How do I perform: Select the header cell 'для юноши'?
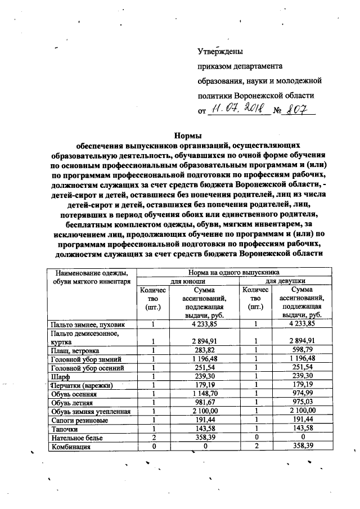pyautogui.click(x=188, y=279)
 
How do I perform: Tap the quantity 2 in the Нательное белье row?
pyautogui.click(x=153, y=437)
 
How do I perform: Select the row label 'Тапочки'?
pyautogui.click(x=64, y=429)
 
